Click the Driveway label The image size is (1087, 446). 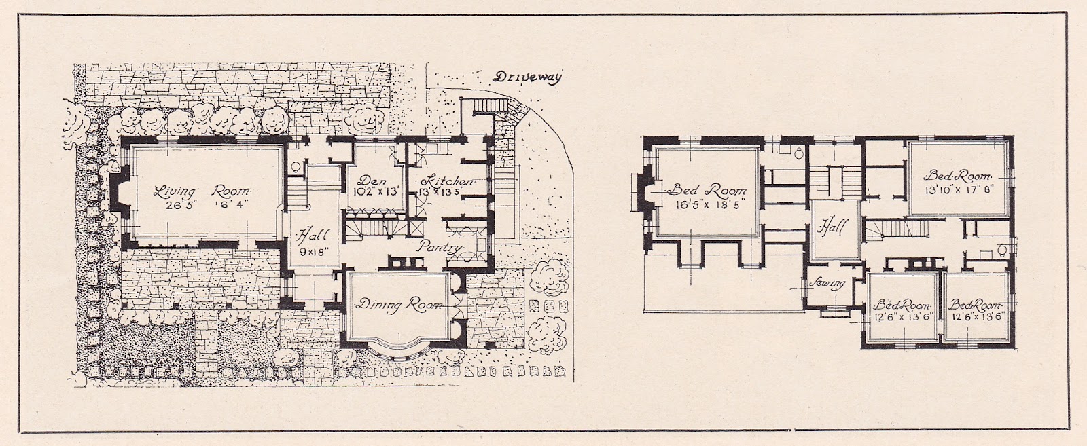527,77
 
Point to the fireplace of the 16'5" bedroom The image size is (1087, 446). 641,193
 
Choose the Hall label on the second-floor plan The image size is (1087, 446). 832,226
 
